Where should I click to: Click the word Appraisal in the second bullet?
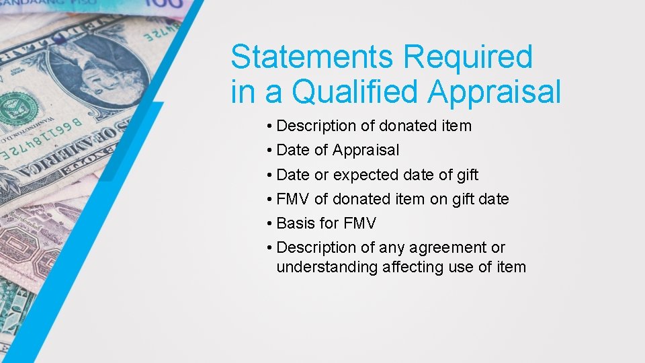[365, 151]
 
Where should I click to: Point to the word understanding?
[327, 268]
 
